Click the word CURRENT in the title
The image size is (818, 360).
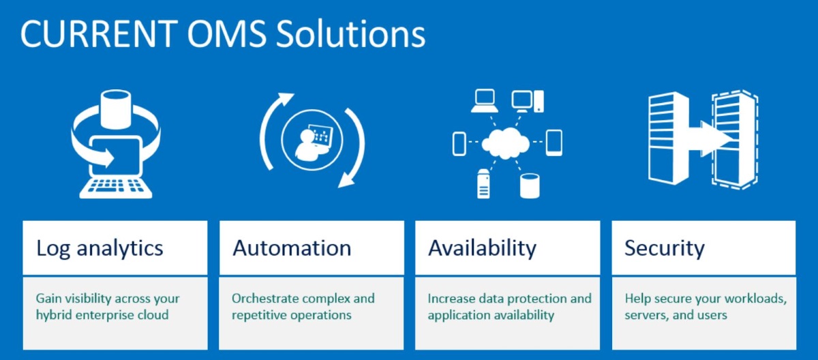99,33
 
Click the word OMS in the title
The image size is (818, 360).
227,33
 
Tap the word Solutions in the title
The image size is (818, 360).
350,33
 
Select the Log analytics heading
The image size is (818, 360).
100,249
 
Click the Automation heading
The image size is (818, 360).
292,248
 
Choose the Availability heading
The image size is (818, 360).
482,249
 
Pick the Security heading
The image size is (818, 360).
664,249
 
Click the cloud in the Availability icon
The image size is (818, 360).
505,143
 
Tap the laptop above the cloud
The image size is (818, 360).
485,101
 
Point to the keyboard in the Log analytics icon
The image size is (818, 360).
115,187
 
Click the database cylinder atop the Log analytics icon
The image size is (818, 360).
115,109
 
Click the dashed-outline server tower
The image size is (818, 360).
735,140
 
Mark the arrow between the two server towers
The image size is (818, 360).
710,139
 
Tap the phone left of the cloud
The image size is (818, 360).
459,144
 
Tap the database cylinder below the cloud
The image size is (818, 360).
530,186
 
